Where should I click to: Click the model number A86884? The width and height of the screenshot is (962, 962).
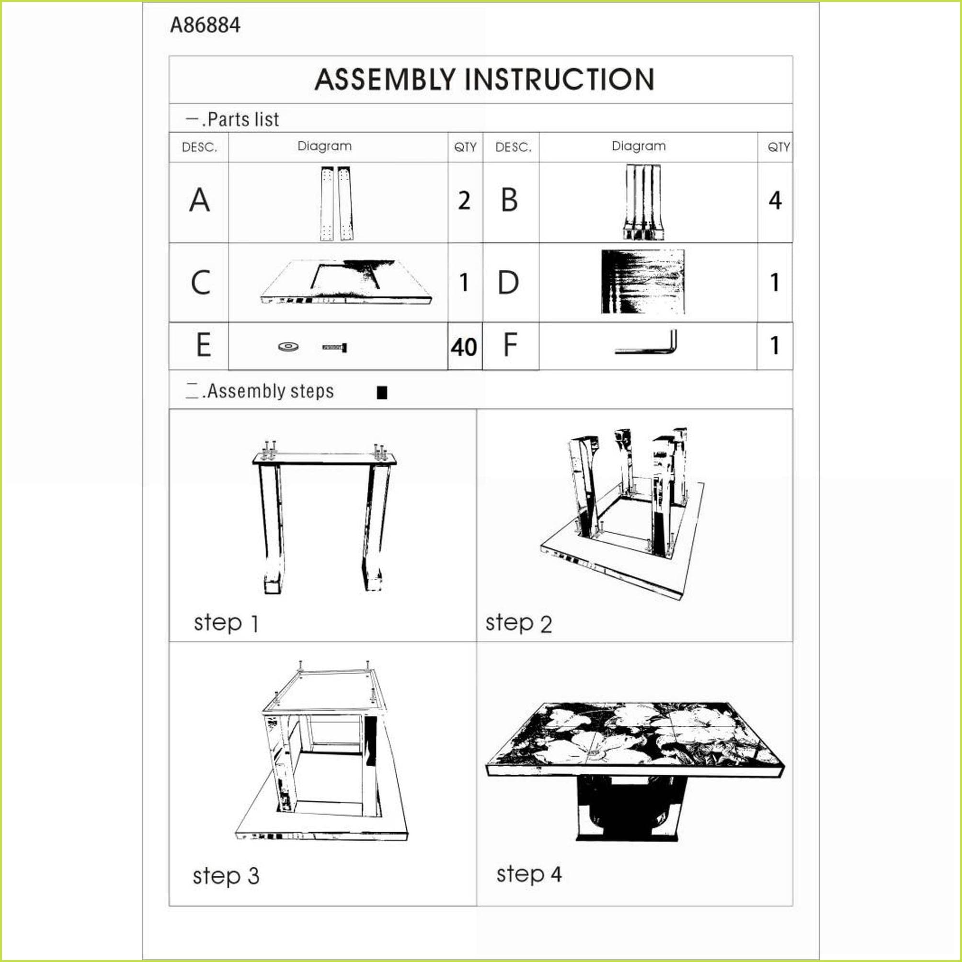pyautogui.click(x=205, y=25)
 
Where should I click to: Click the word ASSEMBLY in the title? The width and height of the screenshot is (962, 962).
pyautogui.click(x=385, y=80)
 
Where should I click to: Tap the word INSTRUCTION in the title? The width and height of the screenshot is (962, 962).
pyautogui.click(x=560, y=80)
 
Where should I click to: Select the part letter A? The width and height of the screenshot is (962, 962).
pyautogui.click(x=199, y=200)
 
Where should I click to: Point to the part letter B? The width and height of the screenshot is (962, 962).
pyautogui.click(x=509, y=200)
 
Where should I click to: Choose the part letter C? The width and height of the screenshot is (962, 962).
pyautogui.click(x=200, y=282)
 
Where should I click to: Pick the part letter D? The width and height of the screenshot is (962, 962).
pyautogui.click(x=508, y=282)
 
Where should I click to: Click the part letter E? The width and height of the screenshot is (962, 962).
pyautogui.click(x=204, y=344)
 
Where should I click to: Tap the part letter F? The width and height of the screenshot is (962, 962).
pyautogui.click(x=510, y=344)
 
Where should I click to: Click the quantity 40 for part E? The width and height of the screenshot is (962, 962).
pyautogui.click(x=464, y=347)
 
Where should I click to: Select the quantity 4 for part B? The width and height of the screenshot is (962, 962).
pyautogui.click(x=775, y=201)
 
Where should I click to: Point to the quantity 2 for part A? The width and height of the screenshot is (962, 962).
pyautogui.click(x=464, y=201)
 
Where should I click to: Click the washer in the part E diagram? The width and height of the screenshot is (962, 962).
pyautogui.click(x=288, y=346)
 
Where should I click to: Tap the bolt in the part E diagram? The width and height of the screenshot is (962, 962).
pyautogui.click(x=335, y=347)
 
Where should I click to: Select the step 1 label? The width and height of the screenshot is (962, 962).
pyautogui.click(x=226, y=623)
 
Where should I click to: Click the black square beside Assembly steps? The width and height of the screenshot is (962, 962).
pyautogui.click(x=382, y=393)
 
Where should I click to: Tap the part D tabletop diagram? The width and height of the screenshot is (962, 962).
pyautogui.click(x=643, y=282)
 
